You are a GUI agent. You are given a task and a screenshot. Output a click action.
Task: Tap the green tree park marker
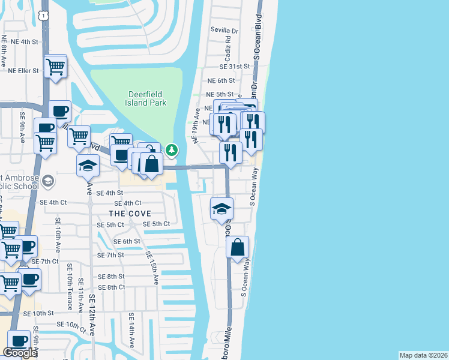[x=172, y=149]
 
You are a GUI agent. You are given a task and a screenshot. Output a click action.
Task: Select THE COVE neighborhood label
[x=129, y=214]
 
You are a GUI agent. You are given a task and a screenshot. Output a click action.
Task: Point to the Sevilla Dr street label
[x=224, y=30]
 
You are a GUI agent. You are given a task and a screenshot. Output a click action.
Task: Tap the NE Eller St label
[x=23, y=70]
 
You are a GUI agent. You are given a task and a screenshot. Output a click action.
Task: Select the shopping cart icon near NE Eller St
[x=56, y=66]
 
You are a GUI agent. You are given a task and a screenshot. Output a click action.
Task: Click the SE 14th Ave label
[x=131, y=330]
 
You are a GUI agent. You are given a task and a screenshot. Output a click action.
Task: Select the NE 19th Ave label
[x=196, y=127]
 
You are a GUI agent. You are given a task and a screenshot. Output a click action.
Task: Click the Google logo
[x=20, y=353]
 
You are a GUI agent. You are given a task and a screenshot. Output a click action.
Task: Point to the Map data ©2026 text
[x=423, y=355]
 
